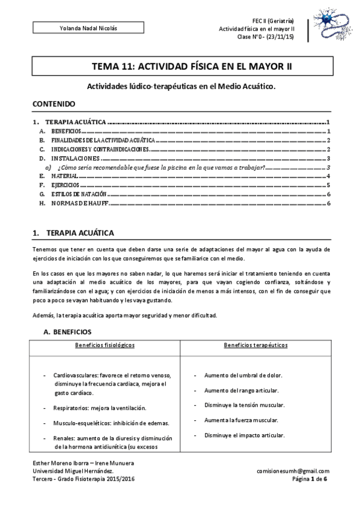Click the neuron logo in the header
[x=327, y=25]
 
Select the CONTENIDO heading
[x=53, y=104]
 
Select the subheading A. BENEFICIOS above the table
[x=67, y=331]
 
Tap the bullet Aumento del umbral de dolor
[x=243, y=375]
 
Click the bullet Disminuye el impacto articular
[x=244, y=435]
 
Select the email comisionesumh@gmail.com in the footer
[x=293, y=472]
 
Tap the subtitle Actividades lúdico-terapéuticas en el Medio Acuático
[x=180, y=86]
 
